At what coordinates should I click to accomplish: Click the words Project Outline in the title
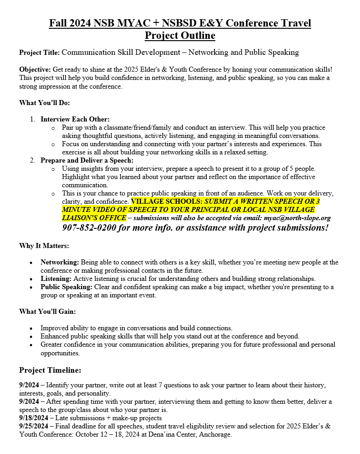coord(180,36)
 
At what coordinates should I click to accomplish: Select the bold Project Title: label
coord(39,53)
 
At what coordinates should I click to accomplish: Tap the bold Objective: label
coord(35,69)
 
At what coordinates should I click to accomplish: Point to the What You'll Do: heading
coord(44,102)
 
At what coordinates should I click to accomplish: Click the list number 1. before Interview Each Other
coord(32,119)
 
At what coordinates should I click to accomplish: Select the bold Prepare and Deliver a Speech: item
coord(87,160)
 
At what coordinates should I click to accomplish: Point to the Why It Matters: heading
coord(44,246)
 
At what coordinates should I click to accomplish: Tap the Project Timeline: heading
coord(50,370)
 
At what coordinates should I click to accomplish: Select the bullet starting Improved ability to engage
coord(136,328)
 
